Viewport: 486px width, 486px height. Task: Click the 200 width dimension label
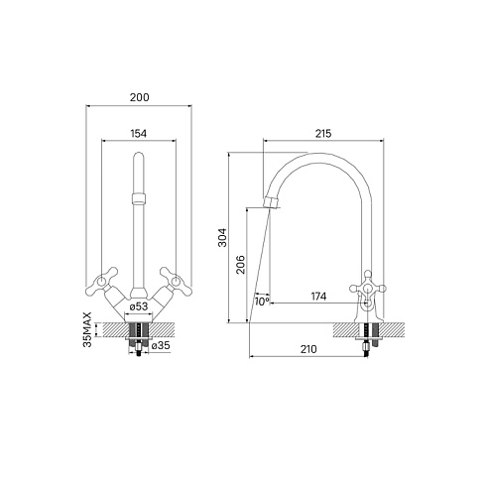139,97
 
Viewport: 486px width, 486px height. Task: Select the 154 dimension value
138,134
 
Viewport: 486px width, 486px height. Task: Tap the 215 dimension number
323,134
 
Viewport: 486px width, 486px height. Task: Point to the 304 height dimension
222,237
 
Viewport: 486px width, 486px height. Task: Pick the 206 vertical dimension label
241,264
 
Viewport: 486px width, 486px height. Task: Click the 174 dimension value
318,297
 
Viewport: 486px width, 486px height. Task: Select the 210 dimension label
308,349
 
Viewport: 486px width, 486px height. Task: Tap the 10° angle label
262,302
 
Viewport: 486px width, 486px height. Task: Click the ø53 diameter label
139,306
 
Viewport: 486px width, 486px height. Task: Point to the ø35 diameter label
161,345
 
